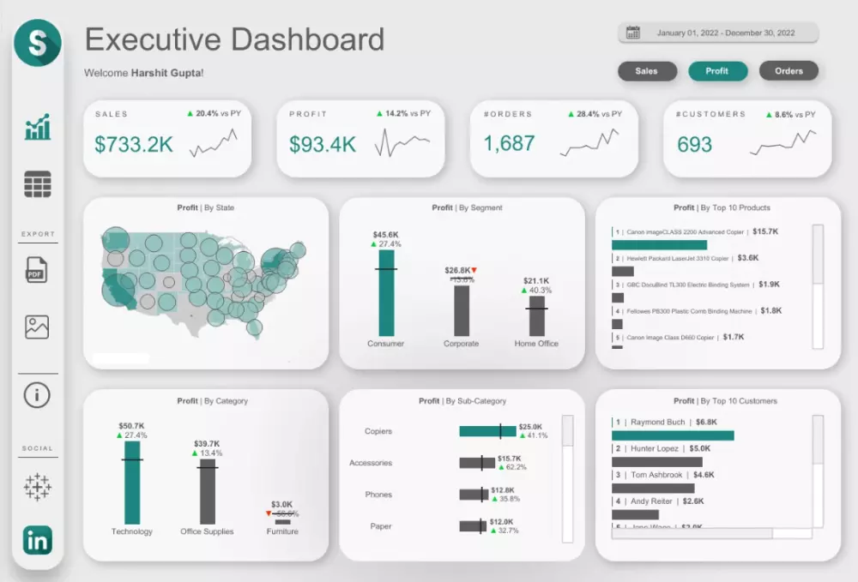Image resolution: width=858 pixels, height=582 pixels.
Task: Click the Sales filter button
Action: click(646, 71)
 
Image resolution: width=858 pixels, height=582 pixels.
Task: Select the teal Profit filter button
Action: click(717, 71)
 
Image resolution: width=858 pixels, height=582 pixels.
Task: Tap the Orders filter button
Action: click(789, 71)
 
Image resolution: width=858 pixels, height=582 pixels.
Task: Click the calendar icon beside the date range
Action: click(633, 33)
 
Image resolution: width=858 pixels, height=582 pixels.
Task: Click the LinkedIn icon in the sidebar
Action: click(38, 540)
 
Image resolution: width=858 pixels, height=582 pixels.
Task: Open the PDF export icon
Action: click(37, 271)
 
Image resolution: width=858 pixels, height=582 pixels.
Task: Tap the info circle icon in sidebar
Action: click(37, 395)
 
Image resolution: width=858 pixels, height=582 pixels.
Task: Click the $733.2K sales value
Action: click(133, 145)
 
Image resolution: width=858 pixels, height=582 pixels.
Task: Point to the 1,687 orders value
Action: click(509, 144)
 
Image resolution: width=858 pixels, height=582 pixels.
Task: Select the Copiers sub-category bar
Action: click(487, 431)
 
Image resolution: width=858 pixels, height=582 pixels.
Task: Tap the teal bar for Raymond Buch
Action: click(673, 435)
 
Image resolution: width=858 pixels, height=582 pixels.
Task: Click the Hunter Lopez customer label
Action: click(656, 448)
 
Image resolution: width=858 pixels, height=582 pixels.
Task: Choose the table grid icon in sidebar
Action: click(38, 183)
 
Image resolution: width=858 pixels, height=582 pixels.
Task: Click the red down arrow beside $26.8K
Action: click(474, 271)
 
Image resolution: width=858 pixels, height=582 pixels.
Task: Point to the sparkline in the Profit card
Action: click(402, 141)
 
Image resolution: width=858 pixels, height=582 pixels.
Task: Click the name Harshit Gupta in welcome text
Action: click(166, 73)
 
